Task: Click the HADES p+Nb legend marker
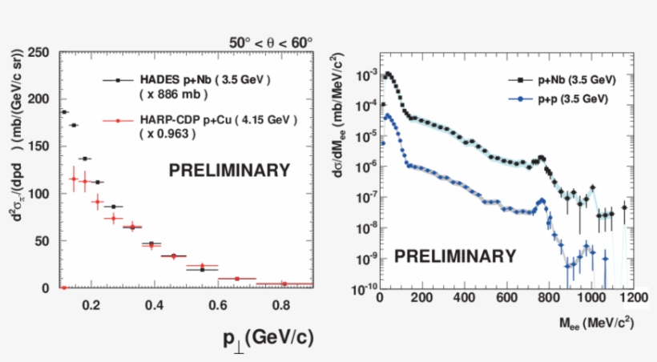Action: click(x=117, y=80)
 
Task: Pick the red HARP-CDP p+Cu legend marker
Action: click(x=117, y=121)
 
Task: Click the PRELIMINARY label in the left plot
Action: click(x=228, y=170)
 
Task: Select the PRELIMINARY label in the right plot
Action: click(x=455, y=256)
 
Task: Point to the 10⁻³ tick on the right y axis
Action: click(x=363, y=74)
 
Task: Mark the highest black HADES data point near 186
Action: click(x=64, y=112)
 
